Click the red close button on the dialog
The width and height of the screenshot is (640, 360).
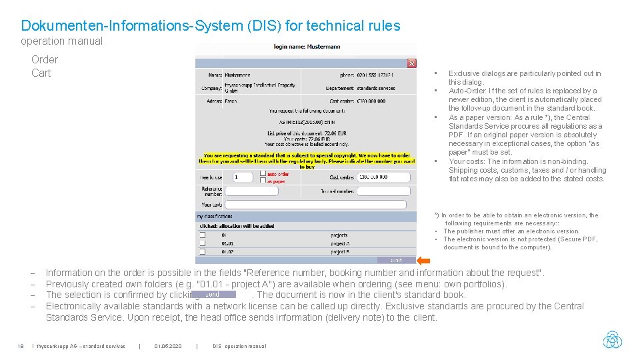pos(411,63)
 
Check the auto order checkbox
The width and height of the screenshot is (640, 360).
pos(263,173)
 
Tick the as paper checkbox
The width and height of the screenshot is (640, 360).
pos(263,180)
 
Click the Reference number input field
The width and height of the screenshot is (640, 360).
pos(260,191)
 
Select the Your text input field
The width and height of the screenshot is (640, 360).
pos(315,205)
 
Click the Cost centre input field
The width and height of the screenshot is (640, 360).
pos(382,177)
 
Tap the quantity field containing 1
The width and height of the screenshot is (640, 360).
pos(243,177)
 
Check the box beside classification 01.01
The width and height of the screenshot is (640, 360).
pos(202,243)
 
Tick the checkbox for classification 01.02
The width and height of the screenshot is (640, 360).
pos(202,252)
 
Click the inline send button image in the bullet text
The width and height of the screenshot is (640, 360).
pos(213,294)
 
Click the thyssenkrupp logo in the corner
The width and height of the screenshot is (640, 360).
pos(612,339)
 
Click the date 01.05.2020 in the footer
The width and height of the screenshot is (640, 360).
pos(167,346)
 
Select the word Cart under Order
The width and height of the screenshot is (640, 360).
pos(41,73)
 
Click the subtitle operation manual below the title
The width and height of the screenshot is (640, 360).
pos(61,41)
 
